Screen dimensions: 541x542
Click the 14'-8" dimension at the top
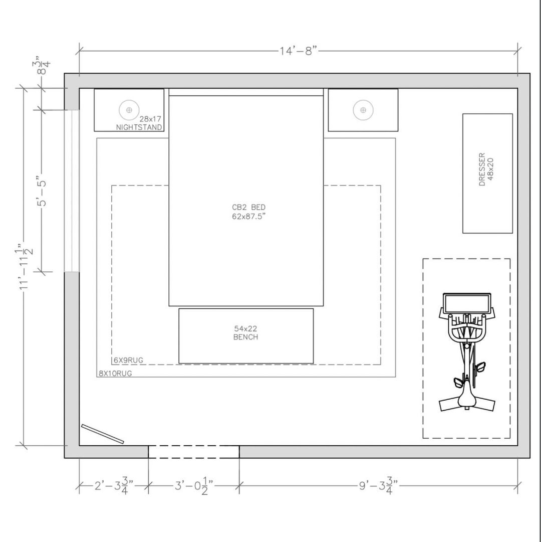(298, 51)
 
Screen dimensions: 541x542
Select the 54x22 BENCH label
(245, 332)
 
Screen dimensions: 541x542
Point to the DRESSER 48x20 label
(486, 169)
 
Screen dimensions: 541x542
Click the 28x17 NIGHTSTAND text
(139, 123)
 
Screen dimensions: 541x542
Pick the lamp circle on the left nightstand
(129, 110)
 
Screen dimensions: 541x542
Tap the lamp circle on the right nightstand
(363, 110)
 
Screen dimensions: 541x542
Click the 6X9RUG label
(128, 360)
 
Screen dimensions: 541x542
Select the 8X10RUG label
(115, 374)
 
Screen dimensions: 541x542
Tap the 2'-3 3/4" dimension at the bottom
(114, 486)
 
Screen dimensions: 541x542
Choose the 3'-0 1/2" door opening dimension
(194, 486)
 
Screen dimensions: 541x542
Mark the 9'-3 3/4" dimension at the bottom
(378, 486)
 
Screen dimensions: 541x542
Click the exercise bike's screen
(467, 304)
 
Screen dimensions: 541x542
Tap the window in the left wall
(72, 191)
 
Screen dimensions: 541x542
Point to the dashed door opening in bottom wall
(194, 452)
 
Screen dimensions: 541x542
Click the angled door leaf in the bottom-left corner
(103, 434)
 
